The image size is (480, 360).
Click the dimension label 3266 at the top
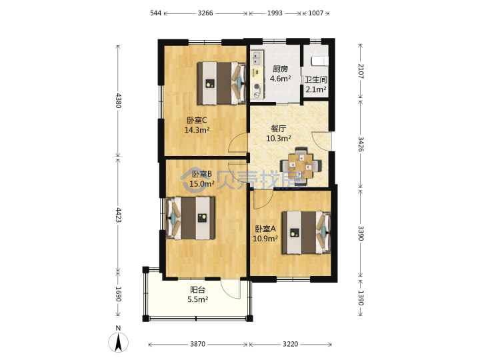pyautogui.click(x=205, y=13)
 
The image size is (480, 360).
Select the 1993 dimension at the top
pyautogui.click(x=275, y=13)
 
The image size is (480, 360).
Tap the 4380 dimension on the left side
pyautogui.click(x=119, y=101)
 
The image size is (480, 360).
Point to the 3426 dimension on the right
pyautogui.click(x=361, y=144)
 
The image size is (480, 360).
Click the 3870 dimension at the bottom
pyautogui.click(x=198, y=344)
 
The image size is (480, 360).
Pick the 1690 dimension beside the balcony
pyautogui.click(x=119, y=294)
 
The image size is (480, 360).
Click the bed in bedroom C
pyautogui.click(x=221, y=83)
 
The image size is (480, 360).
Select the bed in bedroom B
pyautogui.click(x=190, y=218)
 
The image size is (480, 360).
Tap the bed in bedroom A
pyautogui.click(x=307, y=233)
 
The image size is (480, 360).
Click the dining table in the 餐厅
pyautogui.click(x=301, y=166)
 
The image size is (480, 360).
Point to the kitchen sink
pyautogui.click(x=257, y=58)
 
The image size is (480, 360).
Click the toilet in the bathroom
pyautogui.click(x=320, y=61)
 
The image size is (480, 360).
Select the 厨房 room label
pyautogui.click(x=280, y=69)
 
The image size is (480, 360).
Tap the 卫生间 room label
pyautogui.click(x=316, y=80)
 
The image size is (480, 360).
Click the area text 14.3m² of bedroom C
pyautogui.click(x=197, y=130)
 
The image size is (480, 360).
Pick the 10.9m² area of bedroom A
pyautogui.click(x=265, y=238)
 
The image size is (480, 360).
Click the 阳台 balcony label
pyautogui.click(x=198, y=289)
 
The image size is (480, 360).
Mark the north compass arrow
pyautogui.click(x=119, y=342)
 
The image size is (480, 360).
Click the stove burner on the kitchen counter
pyautogui.click(x=257, y=87)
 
